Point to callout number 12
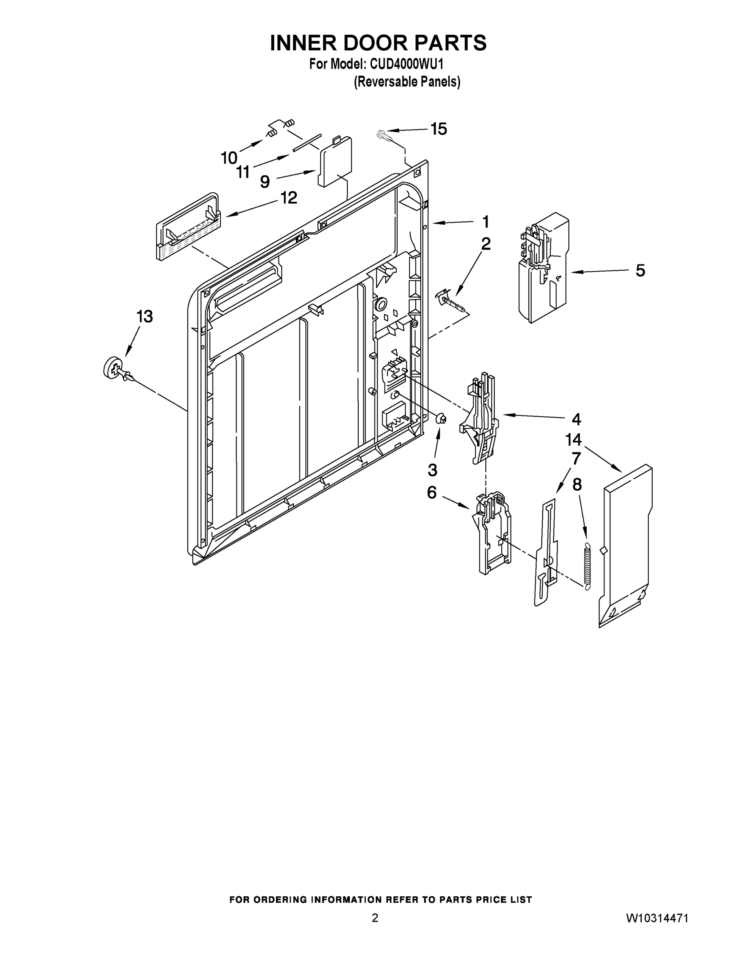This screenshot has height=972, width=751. pyautogui.click(x=289, y=198)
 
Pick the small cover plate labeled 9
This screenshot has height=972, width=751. pyautogui.click(x=335, y=162)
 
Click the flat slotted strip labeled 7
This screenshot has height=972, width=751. pyautogui.click(x=546, y=552)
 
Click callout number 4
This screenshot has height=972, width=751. pyautogui.click(x=576, y=419)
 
